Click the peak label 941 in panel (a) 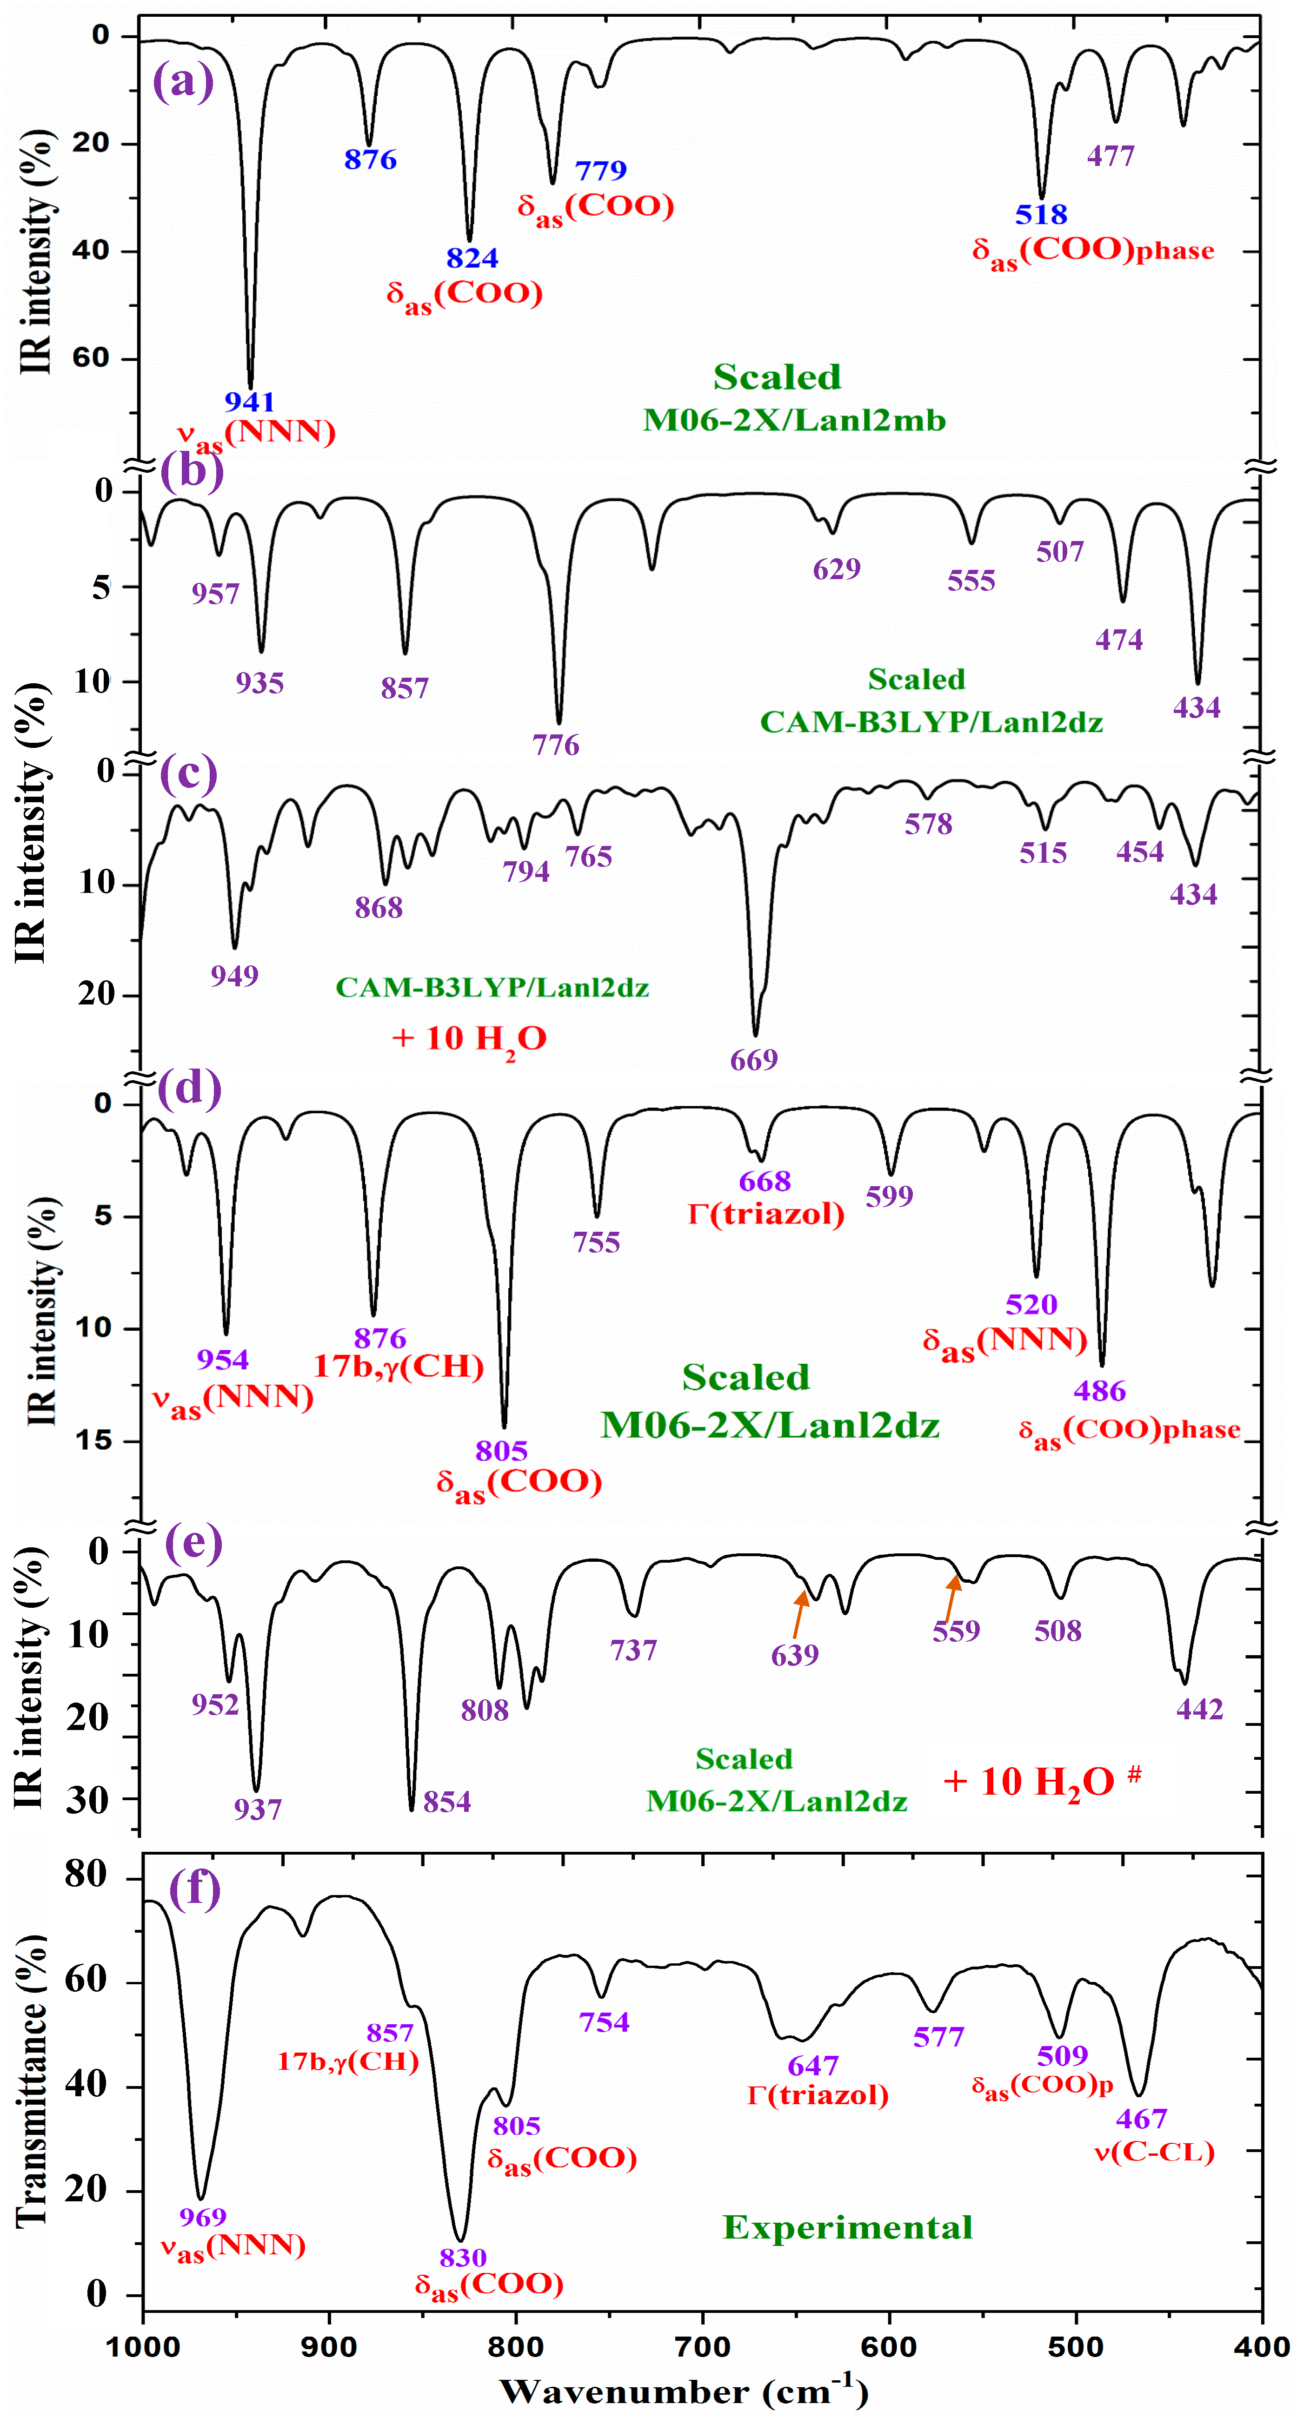click(x=250, y=402)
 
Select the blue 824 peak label click(x=472, y=258)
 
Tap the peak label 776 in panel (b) click(x=556, y=745)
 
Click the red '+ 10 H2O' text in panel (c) click(x=469, y=1039)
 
